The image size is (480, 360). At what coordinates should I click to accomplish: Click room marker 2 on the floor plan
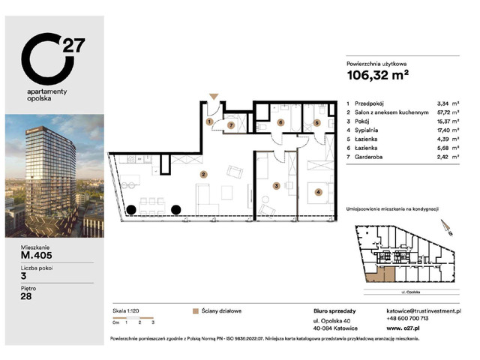click(x=202, y=175)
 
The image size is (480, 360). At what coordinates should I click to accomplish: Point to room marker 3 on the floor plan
click(x=276, y=185)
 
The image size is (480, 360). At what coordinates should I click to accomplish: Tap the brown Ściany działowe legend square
click(x=196, y=310)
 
